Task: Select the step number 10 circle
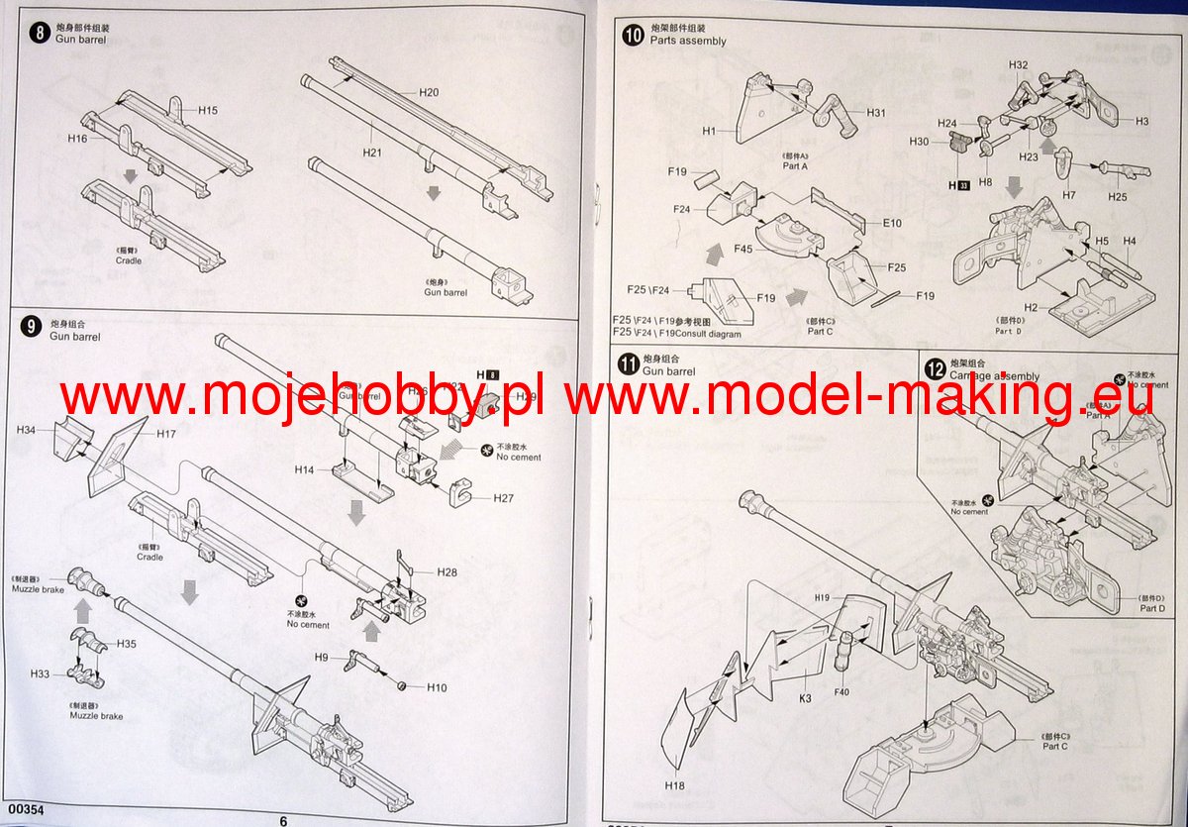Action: pos(632,35)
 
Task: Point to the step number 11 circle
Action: pos(628,363)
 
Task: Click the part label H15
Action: pos(207,110)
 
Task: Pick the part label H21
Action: pos(371,152)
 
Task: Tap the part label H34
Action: pos(27,430)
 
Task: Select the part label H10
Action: pos(437,687)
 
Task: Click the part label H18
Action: pos(675,784)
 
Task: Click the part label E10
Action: pos(892,224)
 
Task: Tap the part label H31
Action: pos(875,112)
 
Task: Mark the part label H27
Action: pos(505,497)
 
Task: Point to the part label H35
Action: pos(126,644)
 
